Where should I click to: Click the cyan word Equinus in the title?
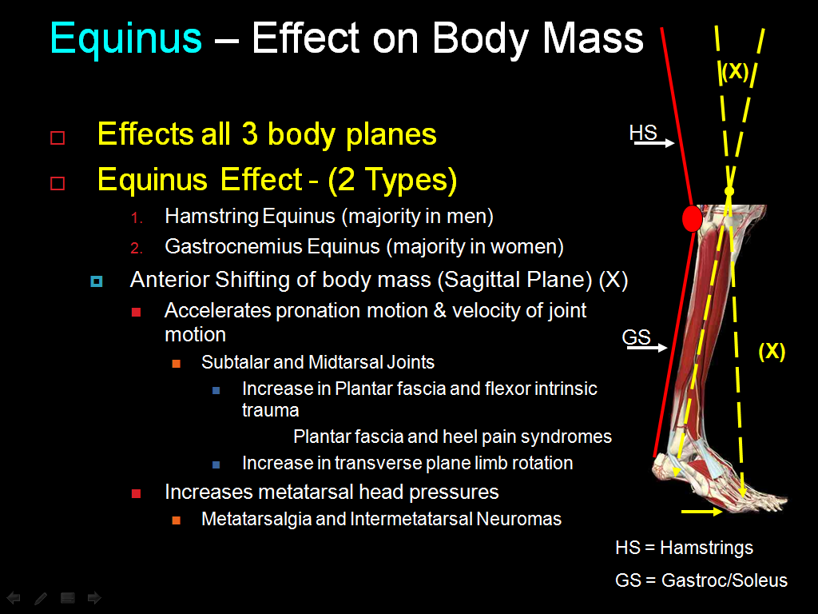click(126, 38)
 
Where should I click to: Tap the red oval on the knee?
click(693, 218)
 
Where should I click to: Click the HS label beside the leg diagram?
click(643, 133)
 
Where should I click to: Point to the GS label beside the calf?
click(636, 337)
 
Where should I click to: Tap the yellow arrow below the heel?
click(702, 510)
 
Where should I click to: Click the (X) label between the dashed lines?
click(734, 72)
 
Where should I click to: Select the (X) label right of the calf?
click(771, 351)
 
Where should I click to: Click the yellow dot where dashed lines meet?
click(729, 192)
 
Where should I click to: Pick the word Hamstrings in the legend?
click(706, 548)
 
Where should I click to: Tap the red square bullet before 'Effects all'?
click(58, 138)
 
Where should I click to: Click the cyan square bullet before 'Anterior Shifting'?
click(97, 281)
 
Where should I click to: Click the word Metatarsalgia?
click(256, 519)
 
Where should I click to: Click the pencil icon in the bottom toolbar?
click(41, 597)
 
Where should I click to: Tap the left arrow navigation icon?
click(14, 597)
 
